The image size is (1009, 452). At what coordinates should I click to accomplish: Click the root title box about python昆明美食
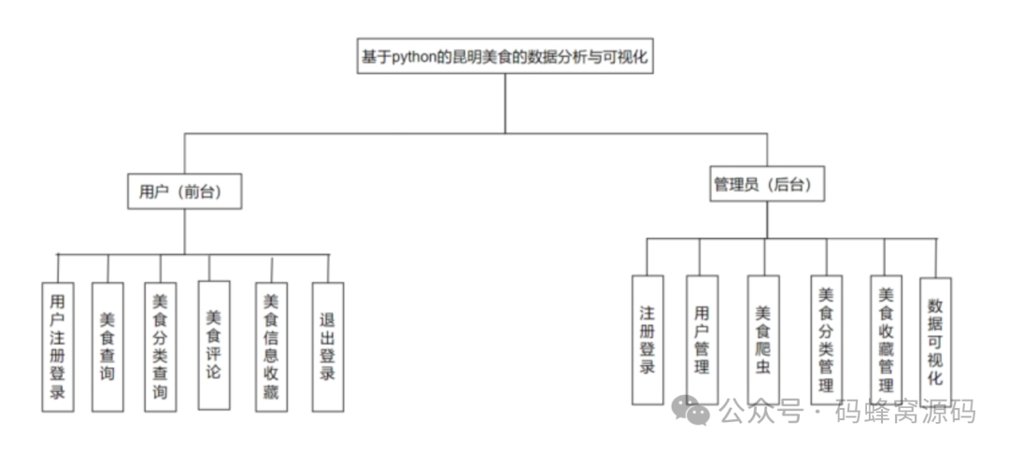[504, 57]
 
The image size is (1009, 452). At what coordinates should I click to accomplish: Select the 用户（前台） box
[184, 191]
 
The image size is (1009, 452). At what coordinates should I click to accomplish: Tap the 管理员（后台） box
[767, 185]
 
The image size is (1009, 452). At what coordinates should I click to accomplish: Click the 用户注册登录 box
[58, 346]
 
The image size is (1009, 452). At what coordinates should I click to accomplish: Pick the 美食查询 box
[107, 346]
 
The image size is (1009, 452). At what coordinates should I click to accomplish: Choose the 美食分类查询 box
[160, 346]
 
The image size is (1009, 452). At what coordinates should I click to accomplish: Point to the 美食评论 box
[213, 345]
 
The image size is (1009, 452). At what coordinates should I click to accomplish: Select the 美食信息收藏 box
[271, 346]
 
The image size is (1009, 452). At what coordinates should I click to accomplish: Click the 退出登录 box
[327, 346]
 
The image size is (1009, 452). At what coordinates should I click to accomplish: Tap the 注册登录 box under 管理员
[647, 340]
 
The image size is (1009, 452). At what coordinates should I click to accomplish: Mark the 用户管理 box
[702, 340]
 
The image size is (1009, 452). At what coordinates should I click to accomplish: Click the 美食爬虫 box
[763, 340]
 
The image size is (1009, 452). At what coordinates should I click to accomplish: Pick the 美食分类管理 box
[825, 340]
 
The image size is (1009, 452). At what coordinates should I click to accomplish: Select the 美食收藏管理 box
[886, 340]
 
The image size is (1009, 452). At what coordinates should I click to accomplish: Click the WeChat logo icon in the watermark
[692, 409]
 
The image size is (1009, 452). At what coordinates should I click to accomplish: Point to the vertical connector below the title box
[504, 103]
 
